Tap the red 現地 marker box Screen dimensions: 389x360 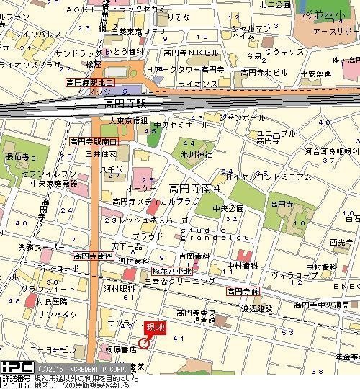pos(155,328)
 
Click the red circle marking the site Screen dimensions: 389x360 pos(143,342)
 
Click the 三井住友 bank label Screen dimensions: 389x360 pos(102,153)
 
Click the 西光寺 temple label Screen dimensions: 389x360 pos(339,243)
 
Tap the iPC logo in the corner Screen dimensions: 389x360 pos(15,367)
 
